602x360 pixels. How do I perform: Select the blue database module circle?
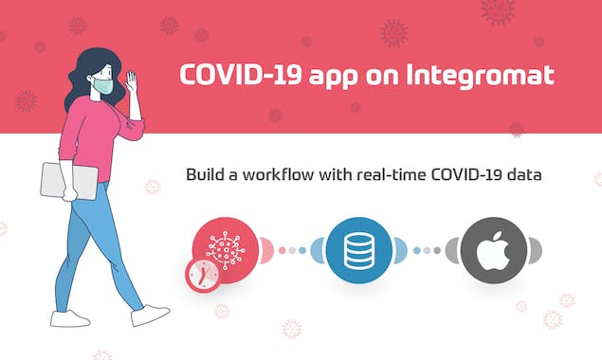[x=359, y=250]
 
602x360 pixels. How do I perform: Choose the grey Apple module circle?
[x=494, y=250]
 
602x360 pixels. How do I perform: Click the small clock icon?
[x=202, y=275]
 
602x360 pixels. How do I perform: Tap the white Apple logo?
[x=494, y=249]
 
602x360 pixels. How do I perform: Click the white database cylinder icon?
[x=359, y=250]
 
